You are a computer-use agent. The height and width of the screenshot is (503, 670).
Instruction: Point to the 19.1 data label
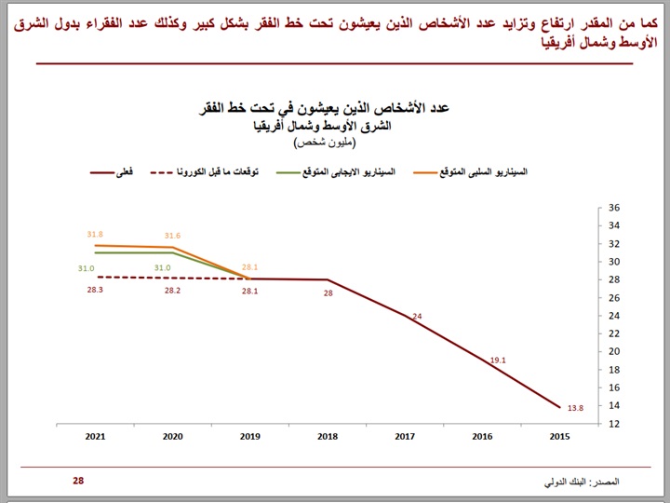click(x=498, y=359)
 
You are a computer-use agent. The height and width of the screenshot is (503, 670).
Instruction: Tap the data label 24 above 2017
click(x=417, y=317)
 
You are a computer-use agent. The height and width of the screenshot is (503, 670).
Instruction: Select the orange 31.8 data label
click(x=95, y=235)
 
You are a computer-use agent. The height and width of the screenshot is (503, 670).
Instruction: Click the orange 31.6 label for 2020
click(x=172, y=236)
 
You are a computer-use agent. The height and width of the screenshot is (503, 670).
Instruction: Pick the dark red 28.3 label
click(x=95, y=290)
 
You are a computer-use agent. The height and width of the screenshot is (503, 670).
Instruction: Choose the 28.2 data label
click(x=172, y=290)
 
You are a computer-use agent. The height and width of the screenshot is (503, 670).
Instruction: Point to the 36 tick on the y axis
click(x=613, y=209)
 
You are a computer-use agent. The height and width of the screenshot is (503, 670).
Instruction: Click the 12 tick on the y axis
click(x=613, y=424)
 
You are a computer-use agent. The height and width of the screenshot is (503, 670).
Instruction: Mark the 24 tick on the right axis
click(x=613, y=316)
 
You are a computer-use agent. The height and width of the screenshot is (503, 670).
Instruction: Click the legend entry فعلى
click(x=139, y=172)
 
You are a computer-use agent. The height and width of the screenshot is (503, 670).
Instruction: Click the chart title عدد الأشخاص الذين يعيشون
click(x=345, y=110)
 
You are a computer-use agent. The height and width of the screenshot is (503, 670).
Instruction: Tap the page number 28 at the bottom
click(x=78, y=481)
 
